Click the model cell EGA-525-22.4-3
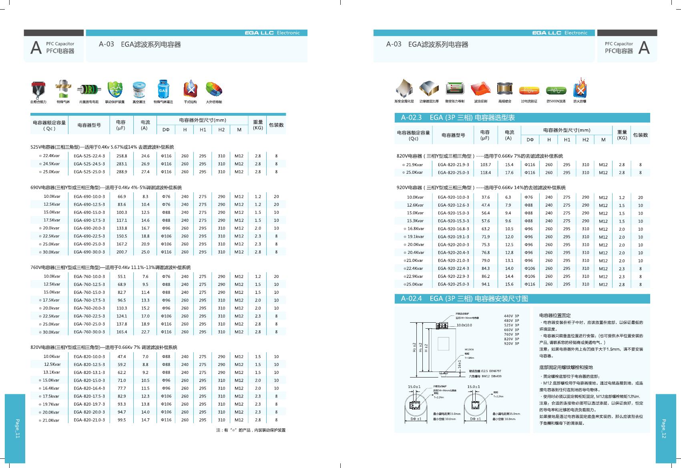tap(89, 156)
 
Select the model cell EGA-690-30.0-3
tap(89, 252)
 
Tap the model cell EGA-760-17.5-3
tap(89, 300)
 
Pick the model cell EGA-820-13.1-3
tap(89, 372)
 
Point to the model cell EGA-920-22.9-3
tap(453, 277)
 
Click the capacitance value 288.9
tap(121, 172)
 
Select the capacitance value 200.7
tap(121, 252)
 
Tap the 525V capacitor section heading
tap(102, 147)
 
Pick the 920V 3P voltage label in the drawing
tap(511, 343)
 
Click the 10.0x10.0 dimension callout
tap(464, 325)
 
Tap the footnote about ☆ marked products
tap(251, 430)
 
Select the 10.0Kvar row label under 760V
tap(52, 276)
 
